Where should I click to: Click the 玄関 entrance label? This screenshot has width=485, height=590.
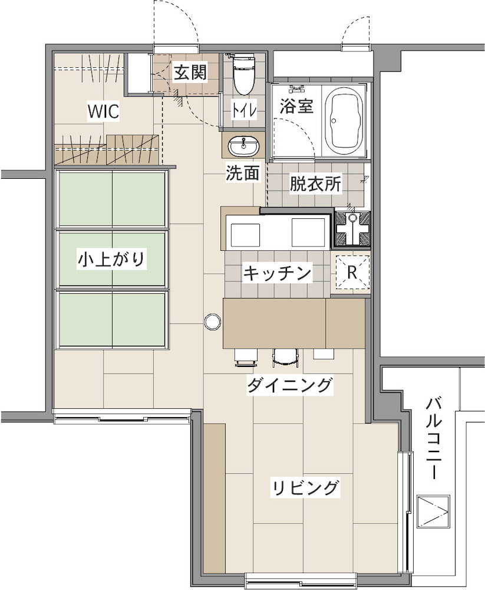click(x=190, y=73)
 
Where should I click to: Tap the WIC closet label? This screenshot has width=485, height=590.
click(x=103, y=111)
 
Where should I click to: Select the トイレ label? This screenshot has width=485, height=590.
click(x=244, y=110)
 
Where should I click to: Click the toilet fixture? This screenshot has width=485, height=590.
click(x=244, y=73)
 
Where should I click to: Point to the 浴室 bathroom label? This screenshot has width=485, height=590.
click(x=296, y=106)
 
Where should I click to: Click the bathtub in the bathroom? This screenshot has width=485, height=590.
click(x=344, y=121)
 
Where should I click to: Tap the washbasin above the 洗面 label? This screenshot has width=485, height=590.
click(x=244, y=146)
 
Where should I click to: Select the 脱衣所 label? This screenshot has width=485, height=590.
click(x=315, y=184)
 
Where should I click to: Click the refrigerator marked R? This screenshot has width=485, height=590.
click(x=352, y=272)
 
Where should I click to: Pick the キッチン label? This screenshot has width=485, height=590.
click(x=278, y=273)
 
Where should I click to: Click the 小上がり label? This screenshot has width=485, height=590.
click(x=111, y=260)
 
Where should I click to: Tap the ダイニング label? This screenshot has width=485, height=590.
click(x=290, y=385)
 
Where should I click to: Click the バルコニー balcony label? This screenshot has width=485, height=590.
click(x=433, y=439)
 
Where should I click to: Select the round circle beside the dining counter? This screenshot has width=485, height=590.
click(x=212, y=321)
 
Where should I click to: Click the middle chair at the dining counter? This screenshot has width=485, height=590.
click(x=285, y=358)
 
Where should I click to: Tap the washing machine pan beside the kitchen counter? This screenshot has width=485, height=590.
click(x=352, y=229)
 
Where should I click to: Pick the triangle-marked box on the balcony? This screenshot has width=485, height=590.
click(x=433, y=512)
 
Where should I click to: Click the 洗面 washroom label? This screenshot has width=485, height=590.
click(x=243, y=173)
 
